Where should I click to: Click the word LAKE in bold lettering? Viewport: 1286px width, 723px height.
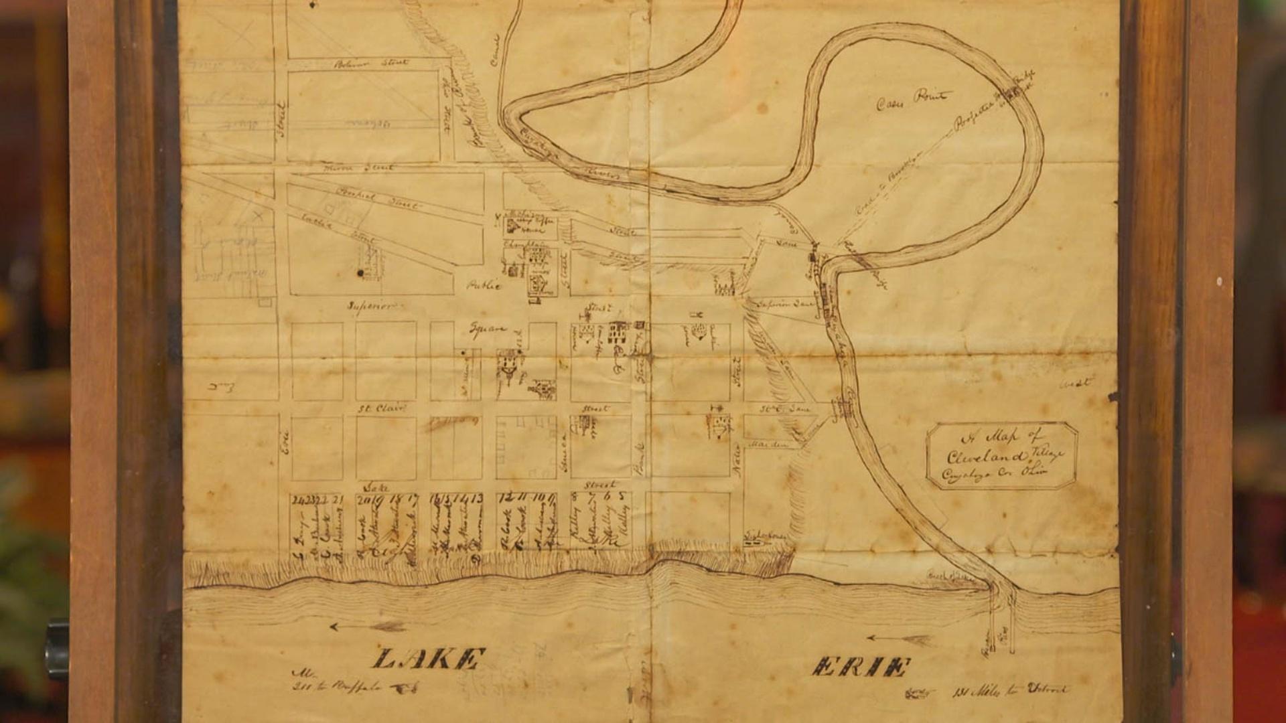pyautogui.click(x=425, y=659)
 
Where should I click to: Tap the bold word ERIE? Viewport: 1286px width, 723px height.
pyautogui.click(x=862, y=667)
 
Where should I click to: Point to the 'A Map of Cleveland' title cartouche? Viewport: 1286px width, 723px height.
pyautogui.click(x=1001, y=455)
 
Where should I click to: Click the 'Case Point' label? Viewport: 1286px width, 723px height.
pyautogui.click(x=913, y=101)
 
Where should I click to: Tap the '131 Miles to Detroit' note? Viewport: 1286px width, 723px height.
pyautogui.click(x=1008, y=690)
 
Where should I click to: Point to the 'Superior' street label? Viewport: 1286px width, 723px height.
pyautogui.click(x=372, y=306)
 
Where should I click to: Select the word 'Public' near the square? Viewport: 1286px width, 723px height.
pyautogui.click(x=484, y=285)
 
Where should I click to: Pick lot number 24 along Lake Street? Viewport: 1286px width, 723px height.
pyautogui.click(x=297, y=499)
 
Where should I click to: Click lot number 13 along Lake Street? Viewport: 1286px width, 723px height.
pyautogui.click(x=477, y=499)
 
